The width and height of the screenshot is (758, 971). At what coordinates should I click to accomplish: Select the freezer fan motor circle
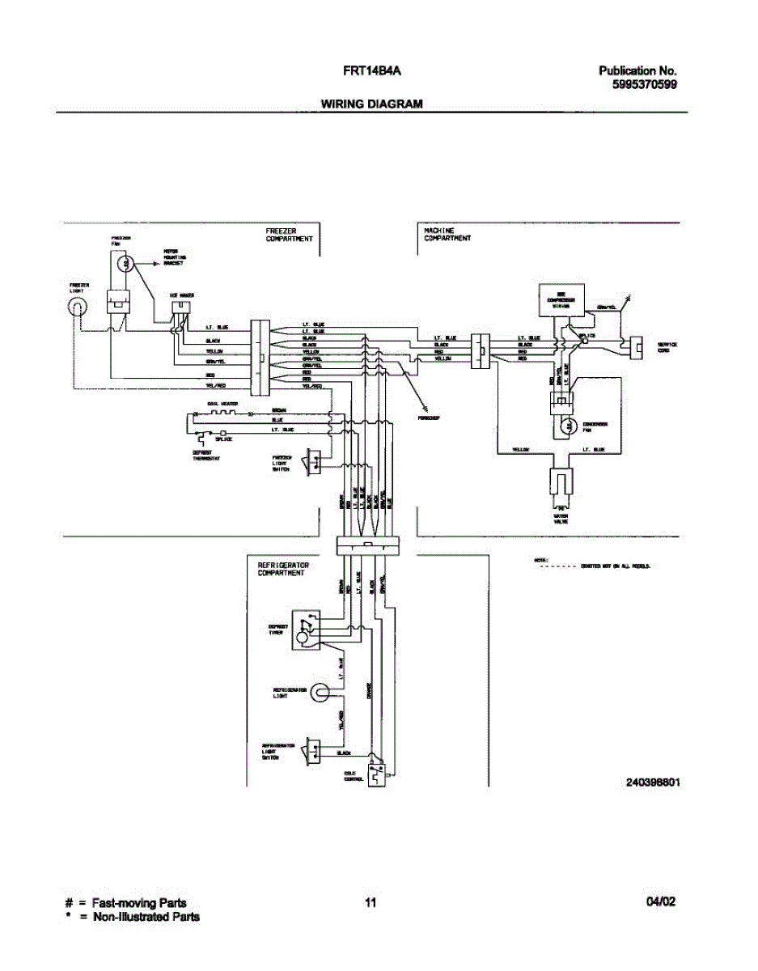[124, 262]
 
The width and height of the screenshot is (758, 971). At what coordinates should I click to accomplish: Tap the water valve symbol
[559, 484]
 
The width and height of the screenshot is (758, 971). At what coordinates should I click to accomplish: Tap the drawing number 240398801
[652, 783]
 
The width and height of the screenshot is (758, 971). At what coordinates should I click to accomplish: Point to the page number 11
[371, 903]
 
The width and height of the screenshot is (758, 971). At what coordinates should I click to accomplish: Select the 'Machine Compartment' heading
[447, 234]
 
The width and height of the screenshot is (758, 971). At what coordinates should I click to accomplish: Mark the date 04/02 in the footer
[661, 903]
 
